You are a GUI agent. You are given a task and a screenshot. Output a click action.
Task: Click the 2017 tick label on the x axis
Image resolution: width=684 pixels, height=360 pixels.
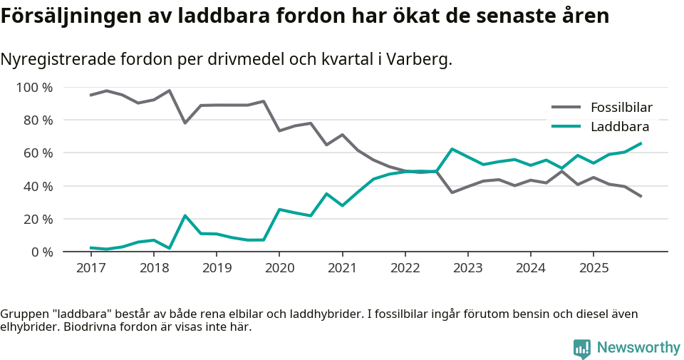tap(90, 268)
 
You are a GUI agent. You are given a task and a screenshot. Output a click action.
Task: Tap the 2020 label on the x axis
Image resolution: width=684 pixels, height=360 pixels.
tap(279, 268)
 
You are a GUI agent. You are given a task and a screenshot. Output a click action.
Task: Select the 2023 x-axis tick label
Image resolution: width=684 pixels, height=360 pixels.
tap(467, 268)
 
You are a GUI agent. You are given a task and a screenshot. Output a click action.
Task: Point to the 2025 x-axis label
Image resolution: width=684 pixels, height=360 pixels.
tap(593, 268)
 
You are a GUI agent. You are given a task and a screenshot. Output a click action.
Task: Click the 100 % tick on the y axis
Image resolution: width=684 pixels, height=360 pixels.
tap(35, 88)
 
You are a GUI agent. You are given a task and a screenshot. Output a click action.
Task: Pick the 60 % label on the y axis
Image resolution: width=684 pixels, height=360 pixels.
tap(38, 153)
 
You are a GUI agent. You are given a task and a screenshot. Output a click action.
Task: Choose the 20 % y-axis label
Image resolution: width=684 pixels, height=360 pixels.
tap(38, 219)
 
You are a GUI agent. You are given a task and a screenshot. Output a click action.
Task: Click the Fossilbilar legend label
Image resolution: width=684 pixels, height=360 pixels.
tap(621, 108)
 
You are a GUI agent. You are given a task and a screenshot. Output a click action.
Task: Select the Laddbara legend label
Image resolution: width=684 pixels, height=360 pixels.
tap(619, 127)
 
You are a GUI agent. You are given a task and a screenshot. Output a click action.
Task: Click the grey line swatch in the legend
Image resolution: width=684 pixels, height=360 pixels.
tap(566, 108)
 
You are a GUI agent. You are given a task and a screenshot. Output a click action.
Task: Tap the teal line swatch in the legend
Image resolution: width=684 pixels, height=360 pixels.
tap(566, 127)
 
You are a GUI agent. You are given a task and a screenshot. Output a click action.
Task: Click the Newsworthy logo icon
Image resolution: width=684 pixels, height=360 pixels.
tap(582, 348)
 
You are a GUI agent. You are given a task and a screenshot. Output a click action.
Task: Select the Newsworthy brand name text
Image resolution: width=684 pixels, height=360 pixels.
tap(638, 348)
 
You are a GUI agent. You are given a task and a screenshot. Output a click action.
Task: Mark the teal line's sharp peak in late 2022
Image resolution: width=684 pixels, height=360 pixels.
tap(452, 149)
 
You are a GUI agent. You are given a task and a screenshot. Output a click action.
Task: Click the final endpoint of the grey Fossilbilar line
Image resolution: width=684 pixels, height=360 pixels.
tap(641, 197)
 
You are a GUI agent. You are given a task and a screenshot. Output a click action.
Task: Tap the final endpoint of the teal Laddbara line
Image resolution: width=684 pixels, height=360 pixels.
tap(641, 143)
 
